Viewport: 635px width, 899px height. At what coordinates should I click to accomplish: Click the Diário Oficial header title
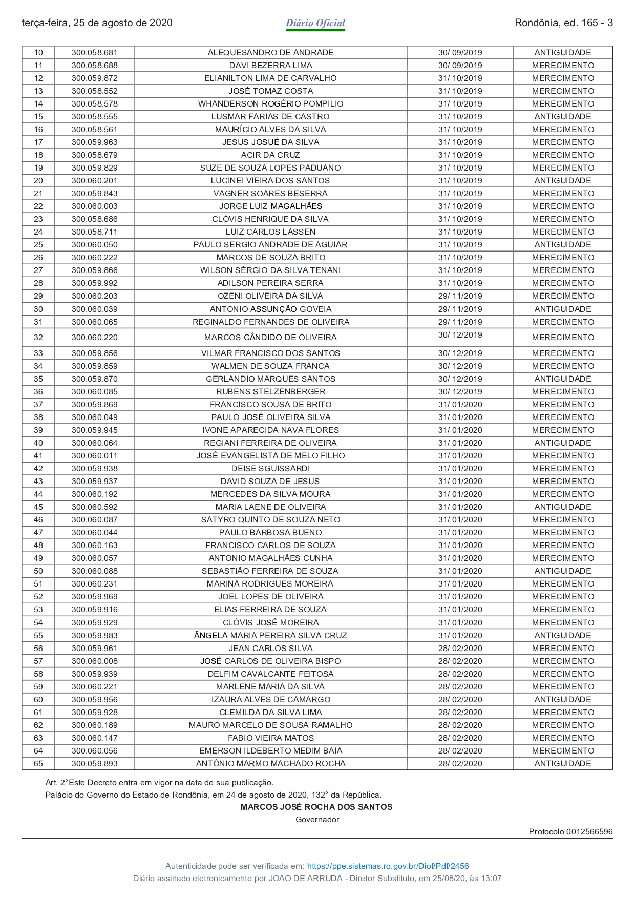[x=315, y=23]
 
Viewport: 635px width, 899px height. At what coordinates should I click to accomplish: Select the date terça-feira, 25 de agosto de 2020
[x=97, y=23]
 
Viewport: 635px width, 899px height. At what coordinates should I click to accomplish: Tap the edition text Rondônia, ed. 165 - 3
[x=563, y=23]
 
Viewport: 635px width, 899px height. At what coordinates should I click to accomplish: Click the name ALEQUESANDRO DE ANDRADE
[x=270, y=53]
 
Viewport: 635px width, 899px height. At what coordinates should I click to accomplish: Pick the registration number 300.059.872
[x=95, y=78]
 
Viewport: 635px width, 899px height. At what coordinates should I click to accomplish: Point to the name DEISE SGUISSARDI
[x=270, y=469]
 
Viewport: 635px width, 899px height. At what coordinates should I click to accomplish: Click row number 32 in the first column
[x=38, y=338]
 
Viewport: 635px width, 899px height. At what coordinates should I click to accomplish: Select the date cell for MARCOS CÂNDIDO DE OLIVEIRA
[x=460, y=335]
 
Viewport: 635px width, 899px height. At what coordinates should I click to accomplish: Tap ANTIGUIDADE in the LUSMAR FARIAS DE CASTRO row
[x=563, y=117]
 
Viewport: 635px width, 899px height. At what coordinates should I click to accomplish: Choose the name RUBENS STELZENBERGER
[x=270, y=392]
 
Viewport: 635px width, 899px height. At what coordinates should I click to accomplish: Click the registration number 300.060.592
[x=95, y=507]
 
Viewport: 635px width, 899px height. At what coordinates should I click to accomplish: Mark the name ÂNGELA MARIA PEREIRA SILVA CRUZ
[x=270, y=636]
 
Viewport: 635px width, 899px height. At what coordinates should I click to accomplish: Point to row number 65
[x=38, y=764]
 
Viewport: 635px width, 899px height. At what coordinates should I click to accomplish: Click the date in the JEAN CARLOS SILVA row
[x=460, y=649]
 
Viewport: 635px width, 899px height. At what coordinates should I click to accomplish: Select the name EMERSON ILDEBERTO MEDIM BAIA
[x=270, y=751]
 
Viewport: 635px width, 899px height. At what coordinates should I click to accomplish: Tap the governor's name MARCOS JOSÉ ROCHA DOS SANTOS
[x=316, y=807]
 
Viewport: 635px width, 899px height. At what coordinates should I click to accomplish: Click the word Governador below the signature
[x=317, y=820]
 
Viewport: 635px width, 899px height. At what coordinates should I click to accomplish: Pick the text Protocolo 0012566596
[x=570, y=832]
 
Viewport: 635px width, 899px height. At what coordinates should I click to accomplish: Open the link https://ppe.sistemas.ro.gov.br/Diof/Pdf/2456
[x=388, y=866]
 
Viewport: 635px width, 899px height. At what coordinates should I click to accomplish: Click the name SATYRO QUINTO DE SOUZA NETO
[x=270, y=520]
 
